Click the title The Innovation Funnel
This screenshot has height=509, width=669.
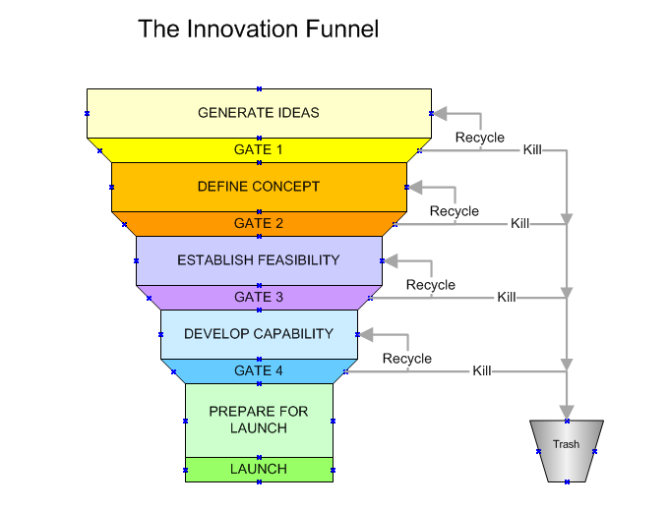(x=258, y=29)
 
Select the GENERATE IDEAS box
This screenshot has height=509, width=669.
(x=259, y=112)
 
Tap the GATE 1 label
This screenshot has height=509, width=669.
(x=259, y=150)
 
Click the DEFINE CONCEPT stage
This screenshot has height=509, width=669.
(x=259, y=187)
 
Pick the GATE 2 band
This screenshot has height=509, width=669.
(x=259, y=224)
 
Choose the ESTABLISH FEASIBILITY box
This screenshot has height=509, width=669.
(x=259, y=260)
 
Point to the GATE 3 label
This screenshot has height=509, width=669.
(x=259, y=297)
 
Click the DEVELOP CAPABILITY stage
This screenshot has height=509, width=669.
(x=259, y=334)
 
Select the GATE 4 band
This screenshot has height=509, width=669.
(x=259, y=371)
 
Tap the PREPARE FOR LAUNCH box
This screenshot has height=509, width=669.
(x=259, y=420)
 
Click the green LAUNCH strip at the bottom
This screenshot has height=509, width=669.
(x=259, y=470)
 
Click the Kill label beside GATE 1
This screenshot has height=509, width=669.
(x=532, y=150)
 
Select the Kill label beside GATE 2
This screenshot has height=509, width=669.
(x=520, y=224)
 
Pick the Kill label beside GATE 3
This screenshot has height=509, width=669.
(x=507, y=297)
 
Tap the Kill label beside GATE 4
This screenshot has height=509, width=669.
(x=482, y=371)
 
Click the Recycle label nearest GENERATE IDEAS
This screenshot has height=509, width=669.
(x=480, y=138)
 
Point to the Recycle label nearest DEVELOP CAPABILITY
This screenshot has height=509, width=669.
(x=407, y=359)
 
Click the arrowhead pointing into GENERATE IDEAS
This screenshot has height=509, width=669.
(x=440, y=113)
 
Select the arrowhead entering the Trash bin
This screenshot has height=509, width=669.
(x=566, y=411)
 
